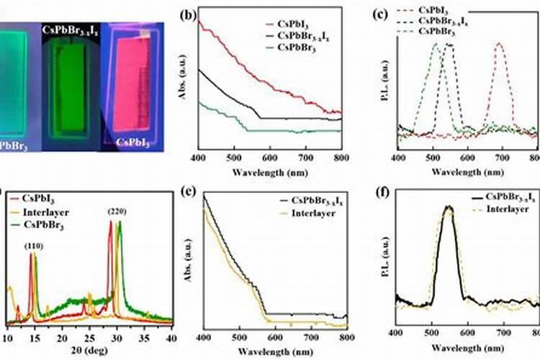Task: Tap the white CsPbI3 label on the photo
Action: click(134, 143)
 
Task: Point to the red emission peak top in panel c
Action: click(498, 45)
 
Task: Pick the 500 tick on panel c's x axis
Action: click(433, 158)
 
